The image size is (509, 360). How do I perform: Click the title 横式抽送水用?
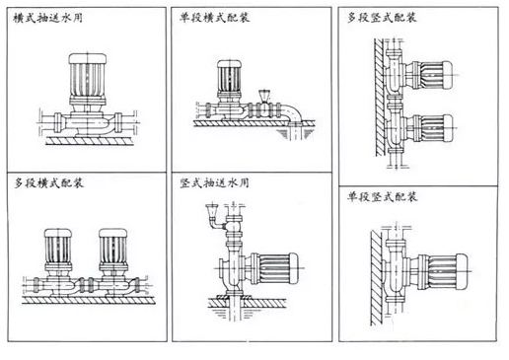click(x=47, y=18)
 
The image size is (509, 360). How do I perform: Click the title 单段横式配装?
click(x=215, y=17)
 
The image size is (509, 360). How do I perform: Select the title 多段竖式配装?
click(x=382, y=17)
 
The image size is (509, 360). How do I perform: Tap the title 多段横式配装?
click(x=48, y=182)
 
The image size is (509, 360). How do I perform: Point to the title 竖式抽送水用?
click(x=214, y=182)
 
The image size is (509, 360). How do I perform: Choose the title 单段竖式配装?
click(x=382, y=196)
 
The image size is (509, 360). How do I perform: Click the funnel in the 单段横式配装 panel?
click(x=263, y=96)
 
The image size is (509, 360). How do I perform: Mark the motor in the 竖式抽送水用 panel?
click(x=274, y=268)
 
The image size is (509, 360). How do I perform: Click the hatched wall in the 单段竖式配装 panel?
click(x=377, y=278)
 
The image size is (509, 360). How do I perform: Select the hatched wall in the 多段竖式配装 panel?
click(x=380, y=98)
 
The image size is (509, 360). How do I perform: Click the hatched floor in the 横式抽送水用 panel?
click(x=90, y=141)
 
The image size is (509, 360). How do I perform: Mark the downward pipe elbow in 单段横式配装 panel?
click(x=294, y=113)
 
